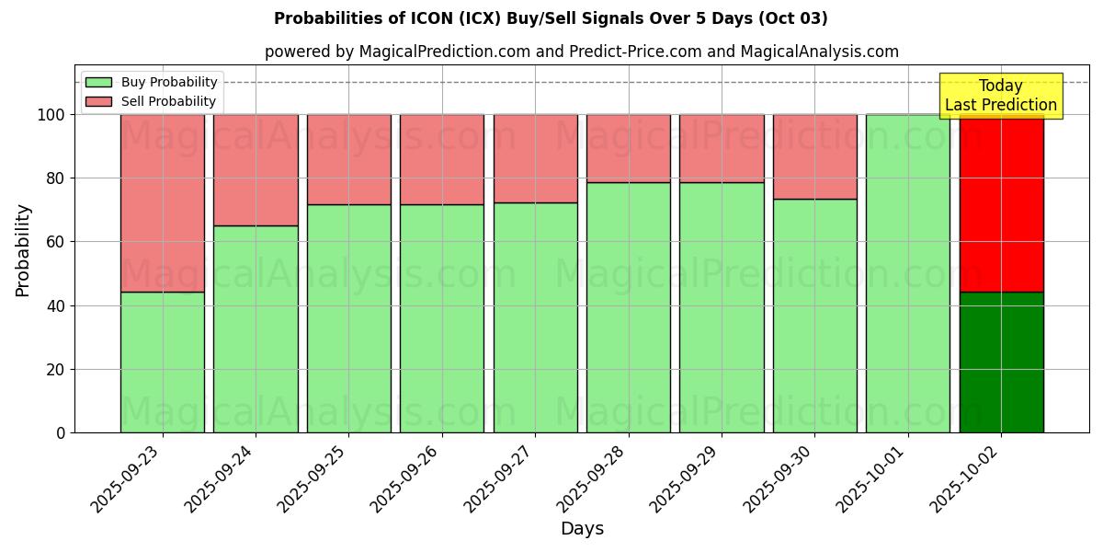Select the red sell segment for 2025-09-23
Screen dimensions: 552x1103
(162, 203)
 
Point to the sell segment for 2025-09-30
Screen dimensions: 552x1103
(814, 156)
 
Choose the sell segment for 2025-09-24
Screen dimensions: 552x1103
(256, 170)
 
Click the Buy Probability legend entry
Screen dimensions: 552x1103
(152, 82)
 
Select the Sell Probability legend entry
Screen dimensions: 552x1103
(152, 101)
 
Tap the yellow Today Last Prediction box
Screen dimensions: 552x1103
(1001, 96)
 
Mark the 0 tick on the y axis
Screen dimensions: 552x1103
(60, 433)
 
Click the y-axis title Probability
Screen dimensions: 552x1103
(23, 250)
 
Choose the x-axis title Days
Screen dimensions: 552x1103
(582, 529)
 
